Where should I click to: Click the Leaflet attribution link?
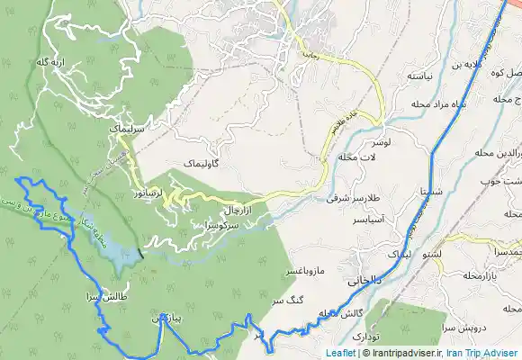[340, 354]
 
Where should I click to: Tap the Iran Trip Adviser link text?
[482, 354]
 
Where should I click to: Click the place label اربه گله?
[51, 62]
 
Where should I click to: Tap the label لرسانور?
[146, 193]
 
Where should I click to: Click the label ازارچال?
[237, 209]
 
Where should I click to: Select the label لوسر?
[381, 143]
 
